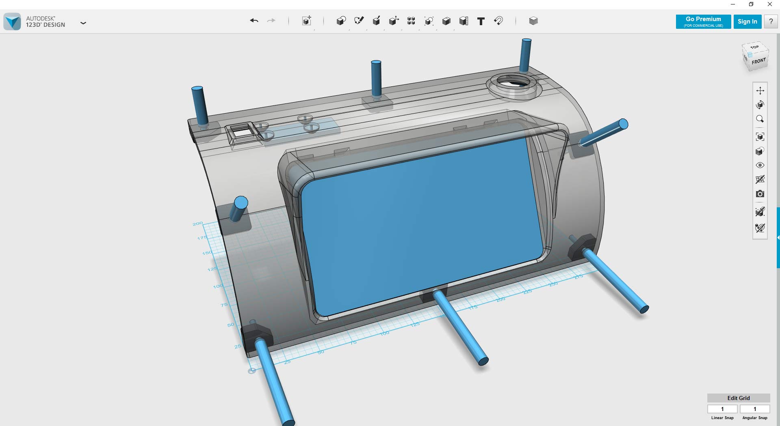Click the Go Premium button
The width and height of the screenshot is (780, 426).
click(703, 22)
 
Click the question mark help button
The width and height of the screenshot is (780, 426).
click(771, 22)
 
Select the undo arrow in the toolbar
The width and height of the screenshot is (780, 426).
click(254, 21)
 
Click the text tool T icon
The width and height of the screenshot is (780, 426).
click(481, 21)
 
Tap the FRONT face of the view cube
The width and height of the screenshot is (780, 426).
click(758, 61)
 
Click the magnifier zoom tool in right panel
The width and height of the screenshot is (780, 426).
click(760, 119)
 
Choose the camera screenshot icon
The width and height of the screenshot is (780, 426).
click(760, 194)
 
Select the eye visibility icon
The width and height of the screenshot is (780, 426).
click(760, 165)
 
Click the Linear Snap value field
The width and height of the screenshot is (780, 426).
click(722, 409)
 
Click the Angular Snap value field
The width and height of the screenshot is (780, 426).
click(754, 409)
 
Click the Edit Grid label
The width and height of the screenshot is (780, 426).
click(738, 398)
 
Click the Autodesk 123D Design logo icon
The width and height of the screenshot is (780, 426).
click(12, 22)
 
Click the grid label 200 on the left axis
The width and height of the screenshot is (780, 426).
click(197, 224)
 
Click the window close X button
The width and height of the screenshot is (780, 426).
click(769, 4)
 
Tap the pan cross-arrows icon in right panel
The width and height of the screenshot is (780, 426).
click(760, 90)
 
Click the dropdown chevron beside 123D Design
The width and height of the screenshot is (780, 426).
click(83, 23)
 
